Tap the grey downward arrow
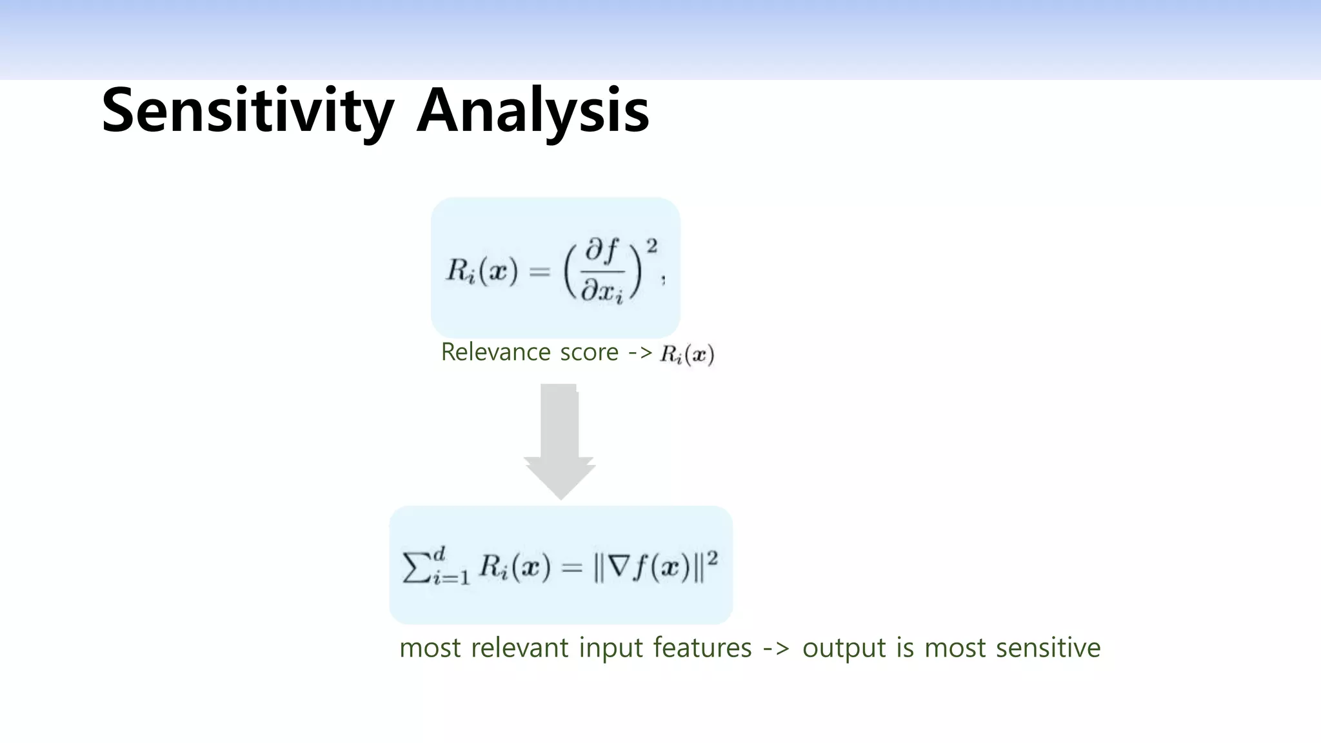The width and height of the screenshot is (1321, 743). point(559,442)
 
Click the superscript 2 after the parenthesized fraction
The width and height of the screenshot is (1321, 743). point(652,246)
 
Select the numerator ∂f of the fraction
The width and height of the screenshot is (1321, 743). point(602,252)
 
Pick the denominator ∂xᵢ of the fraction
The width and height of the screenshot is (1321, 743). point(602,292)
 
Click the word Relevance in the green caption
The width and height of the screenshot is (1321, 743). point(495,353)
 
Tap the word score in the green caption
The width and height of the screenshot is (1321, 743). point(589,353)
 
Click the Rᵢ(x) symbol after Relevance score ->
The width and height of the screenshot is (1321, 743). point(687,355)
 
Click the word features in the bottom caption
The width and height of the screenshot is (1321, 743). point(702,648)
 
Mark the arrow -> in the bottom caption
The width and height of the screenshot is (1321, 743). point(777,648)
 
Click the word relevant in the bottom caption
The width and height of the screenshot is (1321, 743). point(521,648)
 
